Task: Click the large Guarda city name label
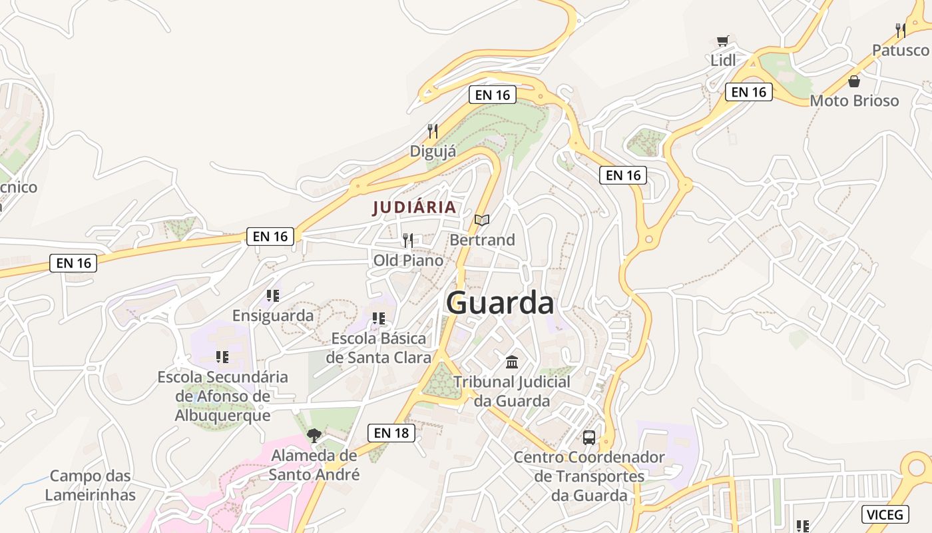click(x=500, y=303)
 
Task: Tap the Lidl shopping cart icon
click(x=723, y=41)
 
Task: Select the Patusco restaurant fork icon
click(x=901, y=30)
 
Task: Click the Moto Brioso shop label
click(x=854, y=101)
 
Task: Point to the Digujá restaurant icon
click(x=433, y=131)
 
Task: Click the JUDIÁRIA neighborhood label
click(x=415, y=207)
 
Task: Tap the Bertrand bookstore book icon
click(x=482, y=220)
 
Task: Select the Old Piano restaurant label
click(x=408, y=261)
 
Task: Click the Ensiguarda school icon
click(x=272, y=295)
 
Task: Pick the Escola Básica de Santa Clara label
click(x=379, y=348)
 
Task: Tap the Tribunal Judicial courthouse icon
click(x=512, y=362)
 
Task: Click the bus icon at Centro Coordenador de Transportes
click(x=589, y=438)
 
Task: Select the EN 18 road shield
click(x=391, y=433)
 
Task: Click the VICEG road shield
click(x=885, y=514)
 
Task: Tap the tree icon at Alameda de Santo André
click(x=314, y=436)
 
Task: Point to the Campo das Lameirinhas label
click(x=91, y=486)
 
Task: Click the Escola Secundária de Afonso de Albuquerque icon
click(x=222, y=357)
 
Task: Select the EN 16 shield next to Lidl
click(x=749, y=92)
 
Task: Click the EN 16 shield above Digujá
click(x=493, y=95)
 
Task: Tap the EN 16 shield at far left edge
click(x=73, y=263)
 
